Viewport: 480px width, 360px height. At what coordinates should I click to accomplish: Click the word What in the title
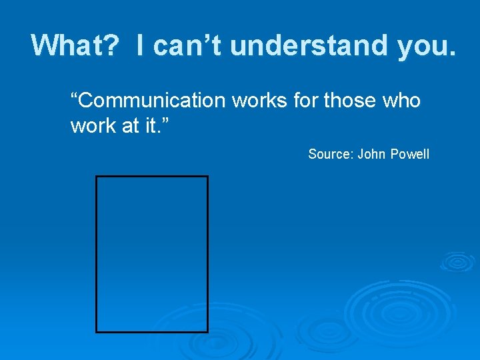click(67, 45)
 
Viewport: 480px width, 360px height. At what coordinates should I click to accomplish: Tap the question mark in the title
click(113, 45)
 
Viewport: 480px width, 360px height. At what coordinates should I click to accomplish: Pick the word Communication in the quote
click(149, 101)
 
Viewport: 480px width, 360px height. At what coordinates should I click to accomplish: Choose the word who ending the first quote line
click(401, 101)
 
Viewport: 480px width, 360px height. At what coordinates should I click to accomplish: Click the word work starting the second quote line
click(93, 126)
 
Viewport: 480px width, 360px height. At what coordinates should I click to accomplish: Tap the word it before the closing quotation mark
click(151, 126)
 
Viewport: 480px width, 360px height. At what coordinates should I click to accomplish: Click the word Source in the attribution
click(329, 155)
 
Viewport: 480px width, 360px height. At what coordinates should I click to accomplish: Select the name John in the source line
click(371, 155)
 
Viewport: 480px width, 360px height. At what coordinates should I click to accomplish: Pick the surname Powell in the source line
click(411, 155)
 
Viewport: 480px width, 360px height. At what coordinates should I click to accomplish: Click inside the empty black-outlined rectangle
click(152, 254)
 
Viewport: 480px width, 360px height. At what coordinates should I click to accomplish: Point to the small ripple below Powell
click(459, 261)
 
